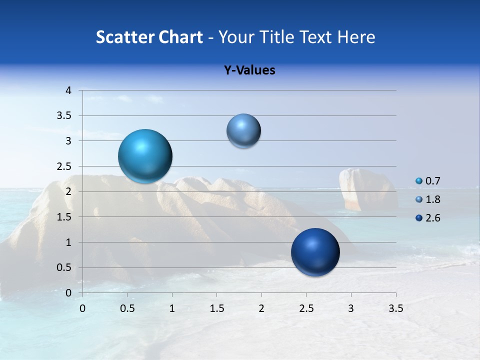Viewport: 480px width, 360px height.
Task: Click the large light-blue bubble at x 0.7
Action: click(145, 156)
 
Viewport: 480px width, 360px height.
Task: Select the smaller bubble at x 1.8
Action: click(243, 131)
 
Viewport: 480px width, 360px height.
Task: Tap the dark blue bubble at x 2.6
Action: click(315, 252)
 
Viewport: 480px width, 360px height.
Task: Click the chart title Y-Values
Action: click(249, 70)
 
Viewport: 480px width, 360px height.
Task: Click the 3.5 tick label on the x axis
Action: click(395, 308)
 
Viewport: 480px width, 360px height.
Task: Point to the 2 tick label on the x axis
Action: click(261, 308)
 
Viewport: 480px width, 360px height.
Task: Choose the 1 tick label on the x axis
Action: click(172, 308)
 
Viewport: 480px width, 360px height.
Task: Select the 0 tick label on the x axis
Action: click(82, 308)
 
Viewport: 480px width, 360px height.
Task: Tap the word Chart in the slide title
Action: click(180, 37)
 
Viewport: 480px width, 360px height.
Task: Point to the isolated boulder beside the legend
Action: click(366, 188)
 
